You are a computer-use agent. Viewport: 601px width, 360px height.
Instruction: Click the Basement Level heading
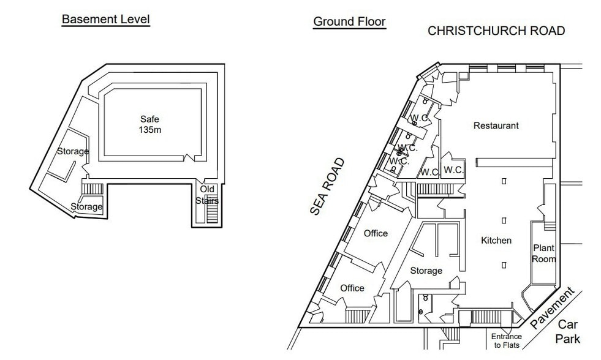(x=105, y=19)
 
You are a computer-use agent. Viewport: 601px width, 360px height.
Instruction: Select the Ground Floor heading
(x=349, y=21)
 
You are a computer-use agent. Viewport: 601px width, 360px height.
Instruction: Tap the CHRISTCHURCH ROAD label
(x=496, y=31)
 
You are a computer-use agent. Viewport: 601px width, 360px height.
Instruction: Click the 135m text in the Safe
(x=150, y=130)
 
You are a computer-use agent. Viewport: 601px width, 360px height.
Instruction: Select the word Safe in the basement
(x=149, y=119)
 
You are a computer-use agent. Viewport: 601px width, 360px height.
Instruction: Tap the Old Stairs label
(x=207, y=195)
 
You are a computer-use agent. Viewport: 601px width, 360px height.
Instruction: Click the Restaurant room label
(x=496, y=126)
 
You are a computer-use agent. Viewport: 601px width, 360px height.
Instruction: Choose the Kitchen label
(x=496, y=241)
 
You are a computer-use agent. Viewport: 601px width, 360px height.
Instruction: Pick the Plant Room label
(x=543, y=253)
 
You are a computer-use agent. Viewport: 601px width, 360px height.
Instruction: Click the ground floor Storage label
(x=426, y=271)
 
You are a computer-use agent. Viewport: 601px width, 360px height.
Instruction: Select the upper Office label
(x=376, y=233)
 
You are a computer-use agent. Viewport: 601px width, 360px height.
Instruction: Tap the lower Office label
(x=352, y=288)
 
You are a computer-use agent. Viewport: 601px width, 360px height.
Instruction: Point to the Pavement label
(x=554, y=308)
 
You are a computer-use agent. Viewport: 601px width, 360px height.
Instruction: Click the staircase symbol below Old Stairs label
(x=212, y=214)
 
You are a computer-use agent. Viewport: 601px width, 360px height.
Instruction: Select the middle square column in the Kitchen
(x=504, y=220)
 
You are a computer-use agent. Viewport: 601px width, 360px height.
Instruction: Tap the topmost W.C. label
(x=419, y=118)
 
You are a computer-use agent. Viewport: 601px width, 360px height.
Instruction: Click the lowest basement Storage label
(x=86, y=207)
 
